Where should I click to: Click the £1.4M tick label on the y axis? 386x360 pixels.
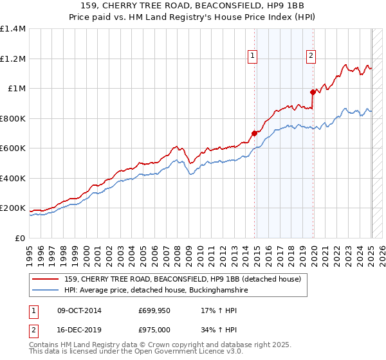pyautogui.click(x=13, y=29)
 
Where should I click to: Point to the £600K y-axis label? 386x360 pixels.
pyautogui.click(x=13, y=148)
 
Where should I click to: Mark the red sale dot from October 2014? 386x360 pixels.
pyautogui.click(x=254, y=133)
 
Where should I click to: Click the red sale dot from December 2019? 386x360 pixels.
pyautogui.click(x=313, y=92)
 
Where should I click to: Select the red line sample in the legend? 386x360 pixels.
pyautogui.click(x=46, y=278)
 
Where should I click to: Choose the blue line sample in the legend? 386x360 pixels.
pyautogui.click(x=46, y=291)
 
